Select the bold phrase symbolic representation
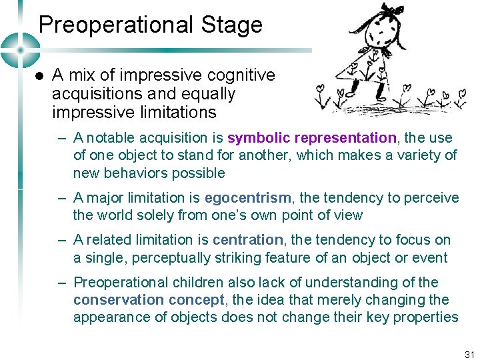[x=312, y=138]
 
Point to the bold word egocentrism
[x=248, y=198]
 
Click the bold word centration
[x=248, y=240]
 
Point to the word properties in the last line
[x=427, y=317]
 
